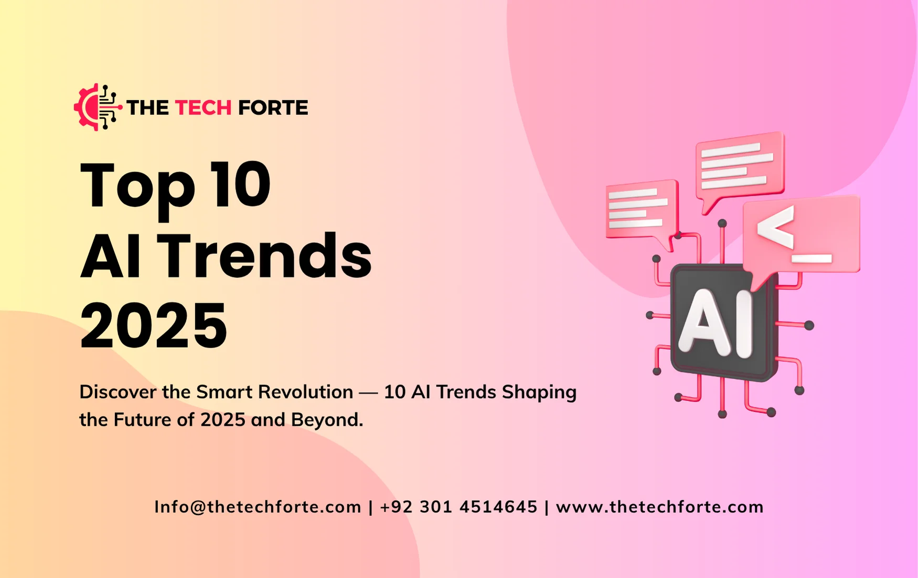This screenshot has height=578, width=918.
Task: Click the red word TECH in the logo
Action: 203,108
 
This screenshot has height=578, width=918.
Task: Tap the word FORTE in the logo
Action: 273,108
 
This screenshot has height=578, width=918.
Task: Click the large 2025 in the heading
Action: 153,325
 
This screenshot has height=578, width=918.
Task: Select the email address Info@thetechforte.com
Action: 258,507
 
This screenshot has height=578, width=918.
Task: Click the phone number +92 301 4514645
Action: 458,507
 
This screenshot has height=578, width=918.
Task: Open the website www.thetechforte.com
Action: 659,507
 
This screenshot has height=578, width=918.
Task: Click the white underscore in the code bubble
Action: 812,258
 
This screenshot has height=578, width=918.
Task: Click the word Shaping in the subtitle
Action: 539,392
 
